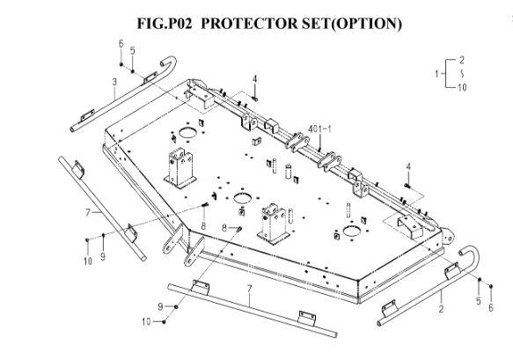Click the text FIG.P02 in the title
(x=165, y=24)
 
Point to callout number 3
(x=114, y=82)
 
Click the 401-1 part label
(x=319, y=129)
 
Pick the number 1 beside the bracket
(x=436, y=74)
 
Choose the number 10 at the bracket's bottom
(x=462, y=87)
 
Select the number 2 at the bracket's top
(x=462, y=60)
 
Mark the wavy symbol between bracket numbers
(x=462, y=74)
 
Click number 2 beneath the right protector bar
(x=441, y=308)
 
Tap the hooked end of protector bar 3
(x=170, y=62)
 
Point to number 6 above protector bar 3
(x=121, y=43)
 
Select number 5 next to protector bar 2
(x=479, y=301)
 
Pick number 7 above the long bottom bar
(x=250, y=289)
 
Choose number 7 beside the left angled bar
(x=88, y=213)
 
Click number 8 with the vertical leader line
(x=203, y=226)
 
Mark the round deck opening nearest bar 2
(x=352, y=231)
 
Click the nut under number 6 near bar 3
(x=121, y=64)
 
